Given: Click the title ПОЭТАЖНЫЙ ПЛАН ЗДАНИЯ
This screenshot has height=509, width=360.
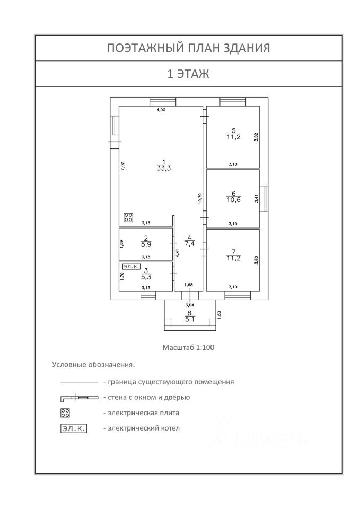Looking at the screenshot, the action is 188,48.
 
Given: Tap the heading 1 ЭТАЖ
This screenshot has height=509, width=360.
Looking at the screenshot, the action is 188,74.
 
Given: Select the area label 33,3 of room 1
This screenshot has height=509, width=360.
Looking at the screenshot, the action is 164,168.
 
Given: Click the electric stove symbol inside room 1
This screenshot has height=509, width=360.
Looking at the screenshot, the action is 128,217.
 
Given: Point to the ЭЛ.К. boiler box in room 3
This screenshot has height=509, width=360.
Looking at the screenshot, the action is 131,267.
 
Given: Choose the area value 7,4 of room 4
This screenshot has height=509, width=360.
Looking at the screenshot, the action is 190,243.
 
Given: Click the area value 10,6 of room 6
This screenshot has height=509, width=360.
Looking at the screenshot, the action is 234,200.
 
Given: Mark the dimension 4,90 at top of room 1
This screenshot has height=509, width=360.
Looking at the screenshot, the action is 161,110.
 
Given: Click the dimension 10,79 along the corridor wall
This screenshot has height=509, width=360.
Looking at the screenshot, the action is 200,198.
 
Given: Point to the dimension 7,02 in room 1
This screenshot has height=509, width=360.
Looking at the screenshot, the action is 122,166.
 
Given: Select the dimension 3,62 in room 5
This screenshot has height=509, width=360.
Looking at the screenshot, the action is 256,137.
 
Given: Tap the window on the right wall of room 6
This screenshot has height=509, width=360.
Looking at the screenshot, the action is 264,198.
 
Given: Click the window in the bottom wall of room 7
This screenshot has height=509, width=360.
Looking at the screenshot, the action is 238,295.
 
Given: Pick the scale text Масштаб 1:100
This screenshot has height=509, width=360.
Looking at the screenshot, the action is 188,347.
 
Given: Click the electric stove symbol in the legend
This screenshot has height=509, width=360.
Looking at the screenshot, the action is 65,413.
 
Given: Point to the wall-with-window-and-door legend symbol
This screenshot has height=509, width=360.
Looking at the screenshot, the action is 80,397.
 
